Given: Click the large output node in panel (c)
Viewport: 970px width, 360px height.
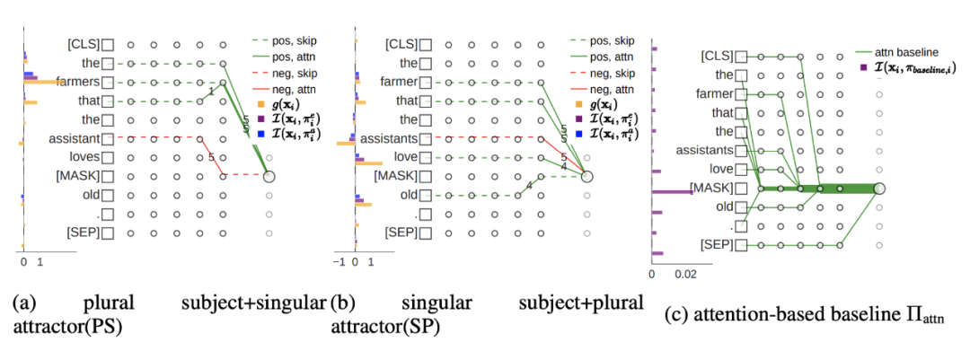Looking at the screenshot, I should point(879,188).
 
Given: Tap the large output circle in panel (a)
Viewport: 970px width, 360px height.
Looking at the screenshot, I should point(269,177).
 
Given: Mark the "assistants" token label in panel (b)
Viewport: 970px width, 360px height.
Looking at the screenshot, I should point(388,139).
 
